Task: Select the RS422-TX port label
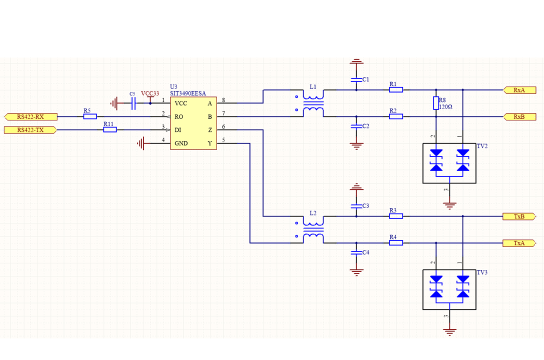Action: [30, 130]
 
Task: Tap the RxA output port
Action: [519, 90]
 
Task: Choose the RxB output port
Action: [519, 116]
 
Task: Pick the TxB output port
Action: [519, 216]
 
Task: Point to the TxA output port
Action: [519, 243]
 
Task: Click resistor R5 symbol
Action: [90, 116]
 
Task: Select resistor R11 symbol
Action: [110, 129]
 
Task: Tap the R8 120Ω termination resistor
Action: [436, 103]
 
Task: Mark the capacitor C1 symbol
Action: [356, 79]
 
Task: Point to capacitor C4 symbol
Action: [356, 252]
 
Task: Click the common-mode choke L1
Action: [313, 103]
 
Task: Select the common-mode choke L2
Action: [313, 230]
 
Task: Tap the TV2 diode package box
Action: [449, 163]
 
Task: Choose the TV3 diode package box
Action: [449, 289]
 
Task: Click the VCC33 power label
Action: [150, 93]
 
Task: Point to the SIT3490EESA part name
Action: [187, 93]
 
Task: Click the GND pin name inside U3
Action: [181, 143]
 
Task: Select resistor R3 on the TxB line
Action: [396, 216]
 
